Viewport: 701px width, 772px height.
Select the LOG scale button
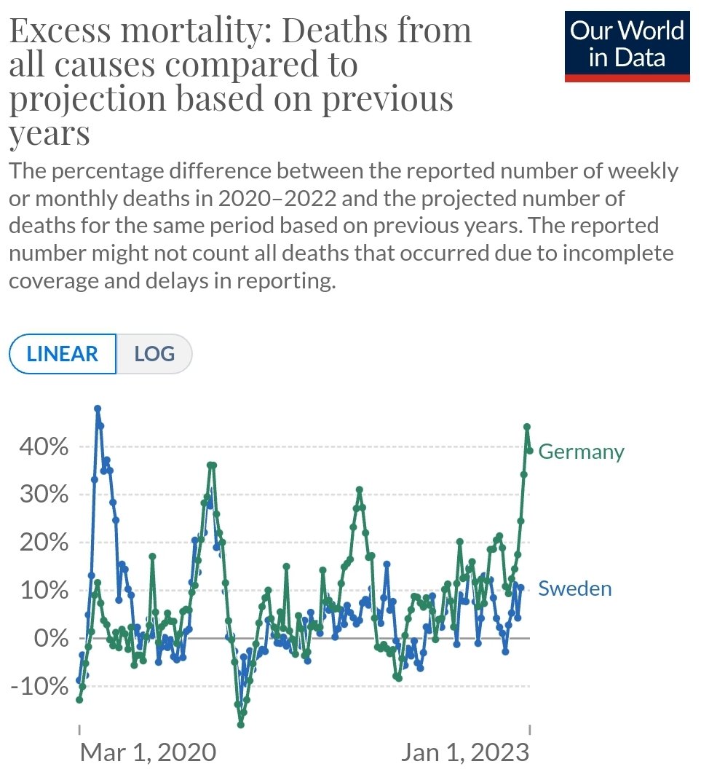(154, 354)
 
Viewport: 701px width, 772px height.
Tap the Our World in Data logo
(627, 44)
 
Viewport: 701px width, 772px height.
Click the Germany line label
(581, 452)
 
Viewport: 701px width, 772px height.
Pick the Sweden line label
(574, 588)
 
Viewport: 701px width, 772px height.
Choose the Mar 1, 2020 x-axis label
(148, 752)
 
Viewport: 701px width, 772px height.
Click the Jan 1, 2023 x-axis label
(467, 752)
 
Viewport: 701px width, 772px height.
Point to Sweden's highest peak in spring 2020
(98, 409)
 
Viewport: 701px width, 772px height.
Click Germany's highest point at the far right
(527, 427)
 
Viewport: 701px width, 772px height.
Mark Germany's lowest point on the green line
(241, 725)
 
